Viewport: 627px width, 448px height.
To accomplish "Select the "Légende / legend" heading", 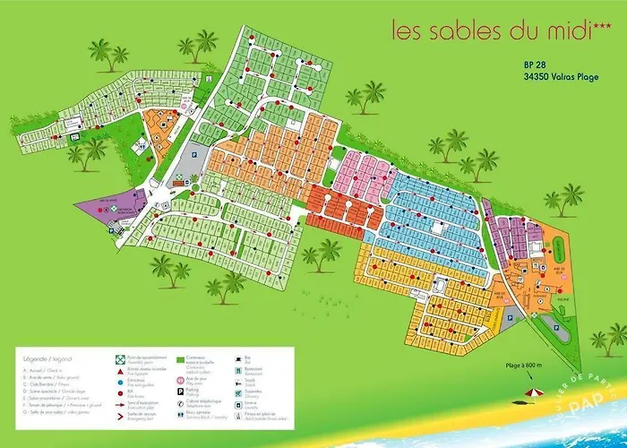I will tap(45, 358).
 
